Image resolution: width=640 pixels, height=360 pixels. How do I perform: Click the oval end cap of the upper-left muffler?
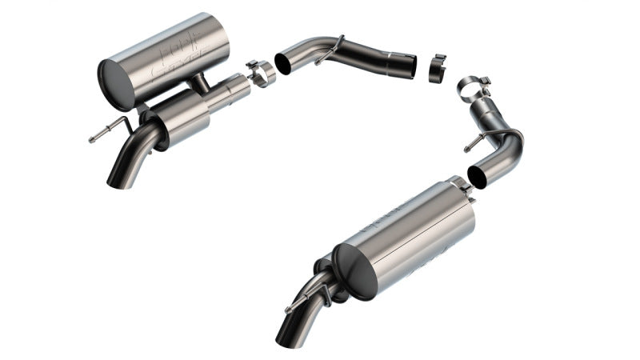pos(116,85)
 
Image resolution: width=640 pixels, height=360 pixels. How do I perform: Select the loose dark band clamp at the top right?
pos(438,68)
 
